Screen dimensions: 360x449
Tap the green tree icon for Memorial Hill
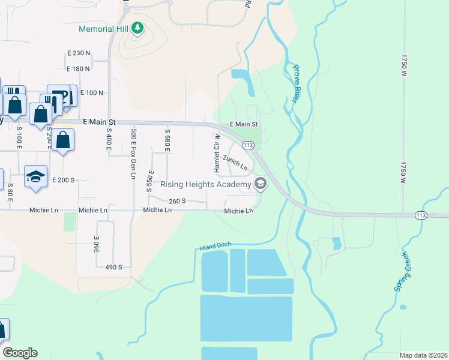click(x=137, y=28)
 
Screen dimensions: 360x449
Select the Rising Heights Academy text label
click(x=205, y=184)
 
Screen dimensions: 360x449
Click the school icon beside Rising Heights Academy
click(x=260, y=184)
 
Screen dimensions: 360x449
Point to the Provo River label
click(x=295, y=83)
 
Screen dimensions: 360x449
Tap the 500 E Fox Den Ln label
click(x=133, y=154)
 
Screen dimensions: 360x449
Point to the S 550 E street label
click(x=149, y=179)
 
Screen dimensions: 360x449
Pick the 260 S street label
click(x=177, y=202)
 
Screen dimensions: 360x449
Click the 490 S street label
click(x=113, y=267)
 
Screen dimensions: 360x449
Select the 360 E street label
click(x=97, y=244)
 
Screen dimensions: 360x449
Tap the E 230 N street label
click(x=78, y=53)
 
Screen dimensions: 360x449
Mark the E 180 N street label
click(x=78, y=70)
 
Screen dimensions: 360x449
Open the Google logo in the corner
click(x=20, y=353)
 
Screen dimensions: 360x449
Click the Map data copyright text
click(x=424, y=355)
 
